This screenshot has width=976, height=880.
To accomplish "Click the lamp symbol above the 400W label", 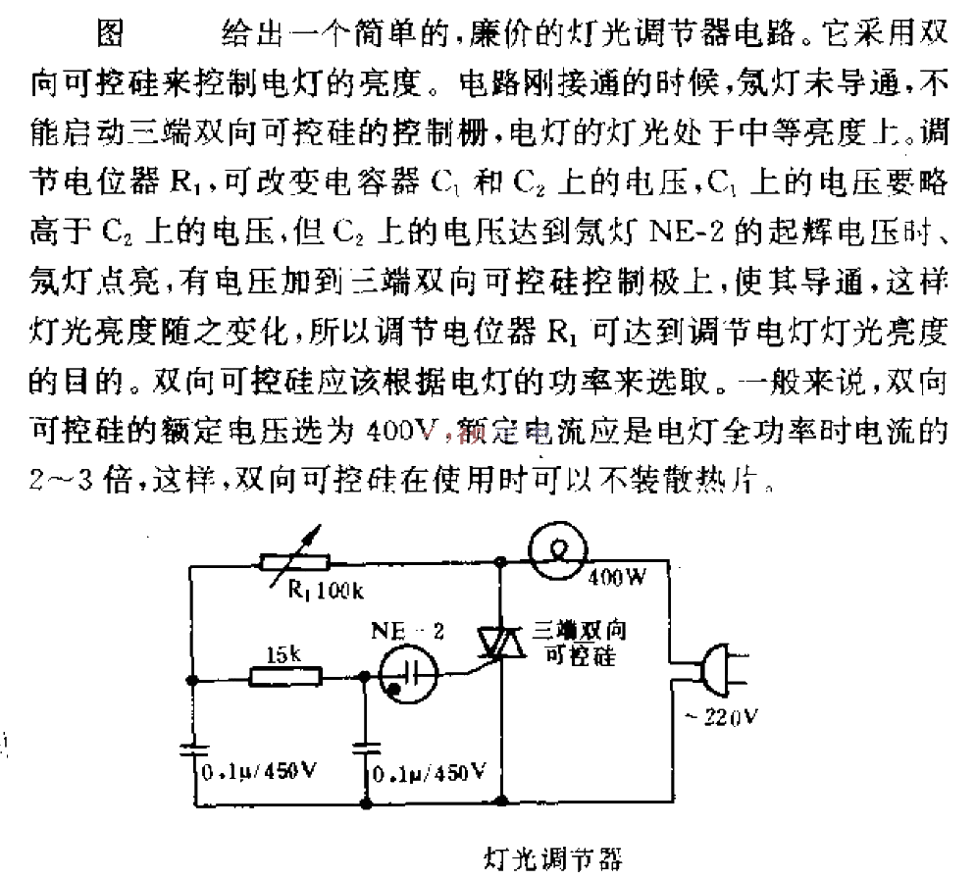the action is pos(558,550).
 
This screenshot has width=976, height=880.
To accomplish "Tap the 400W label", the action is pos(617,578).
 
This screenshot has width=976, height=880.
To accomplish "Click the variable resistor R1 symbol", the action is pos(294,563).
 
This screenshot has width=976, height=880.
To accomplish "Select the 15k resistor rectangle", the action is pos(285,677).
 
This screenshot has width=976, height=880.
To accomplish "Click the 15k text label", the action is pos(283,654).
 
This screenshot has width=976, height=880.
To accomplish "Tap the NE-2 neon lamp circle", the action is pos(408,674).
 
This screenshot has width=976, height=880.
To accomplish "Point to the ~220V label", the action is pos(721,717).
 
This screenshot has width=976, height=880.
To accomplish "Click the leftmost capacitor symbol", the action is pos(194,750).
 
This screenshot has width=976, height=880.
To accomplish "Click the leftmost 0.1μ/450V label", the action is pos(260,772).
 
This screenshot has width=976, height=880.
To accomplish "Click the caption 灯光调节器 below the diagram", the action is pos(552,859).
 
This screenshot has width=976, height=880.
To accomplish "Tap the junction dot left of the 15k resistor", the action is pos(193,680).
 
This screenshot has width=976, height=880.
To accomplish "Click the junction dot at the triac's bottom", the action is pos(501,800).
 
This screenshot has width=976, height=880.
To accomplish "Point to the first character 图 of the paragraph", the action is pos(111,32).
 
